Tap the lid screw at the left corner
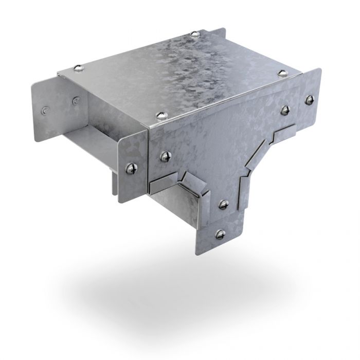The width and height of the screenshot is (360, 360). [78, 67]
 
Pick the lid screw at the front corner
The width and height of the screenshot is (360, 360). [160, 114]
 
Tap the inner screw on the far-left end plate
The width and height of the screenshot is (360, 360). [76, 100]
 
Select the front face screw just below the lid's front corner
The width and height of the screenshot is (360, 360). [165, 156]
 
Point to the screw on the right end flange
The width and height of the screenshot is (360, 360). [309, 100]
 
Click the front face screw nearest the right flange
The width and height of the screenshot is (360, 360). [284, 110]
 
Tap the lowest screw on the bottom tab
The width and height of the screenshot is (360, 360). [221, 234]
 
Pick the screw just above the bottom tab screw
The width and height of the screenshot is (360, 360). [224, 204]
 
